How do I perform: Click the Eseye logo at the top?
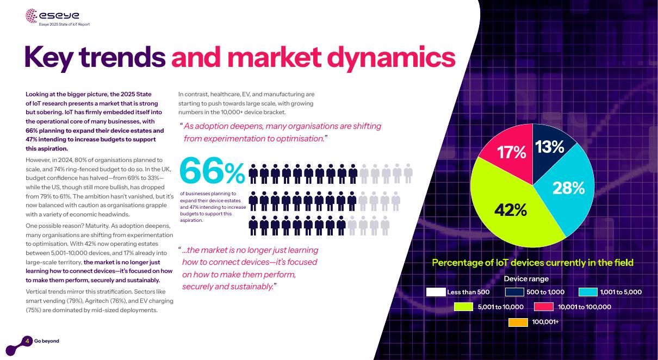[x=52, y=16]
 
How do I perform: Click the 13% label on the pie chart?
[x=549, y=147]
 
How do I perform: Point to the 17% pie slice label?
[x=512, y=153]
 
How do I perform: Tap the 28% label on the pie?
[x=568, y=188]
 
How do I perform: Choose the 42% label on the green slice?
[x=510, y=210]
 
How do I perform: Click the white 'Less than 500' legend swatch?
[x=436, y=292]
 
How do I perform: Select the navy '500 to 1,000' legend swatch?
[x=514, y=292]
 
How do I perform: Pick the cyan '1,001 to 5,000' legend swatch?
[x=588, y=292]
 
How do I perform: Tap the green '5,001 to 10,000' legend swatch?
[x=463, y=307]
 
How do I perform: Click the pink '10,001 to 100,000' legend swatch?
[x=544, y=307]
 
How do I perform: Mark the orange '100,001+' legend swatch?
[x=518, y=322]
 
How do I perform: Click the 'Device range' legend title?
[x=526, y=279]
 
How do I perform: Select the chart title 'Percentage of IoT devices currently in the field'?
[x=532, y=263]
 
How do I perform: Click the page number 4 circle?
[x=27, y=341]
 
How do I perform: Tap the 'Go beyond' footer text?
[x=47, y=341]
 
